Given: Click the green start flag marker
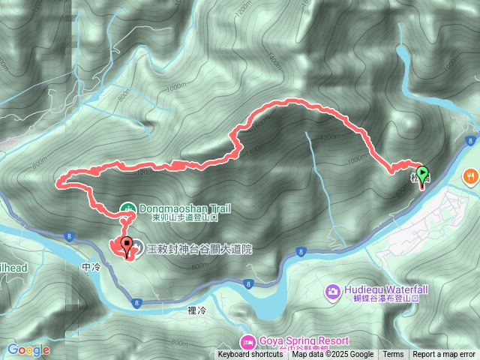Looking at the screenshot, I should click(422, 175).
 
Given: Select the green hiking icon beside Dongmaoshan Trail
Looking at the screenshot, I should click(128, 208).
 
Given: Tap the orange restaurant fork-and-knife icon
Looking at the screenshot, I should click(471, 176).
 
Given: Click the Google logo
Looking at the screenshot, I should click(28, 349).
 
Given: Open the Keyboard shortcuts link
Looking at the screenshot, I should click(250, 355).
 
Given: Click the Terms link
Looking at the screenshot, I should click(393, 355).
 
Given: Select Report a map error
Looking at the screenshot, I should click(444, 355).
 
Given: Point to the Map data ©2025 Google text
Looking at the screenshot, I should click(332, 355).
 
